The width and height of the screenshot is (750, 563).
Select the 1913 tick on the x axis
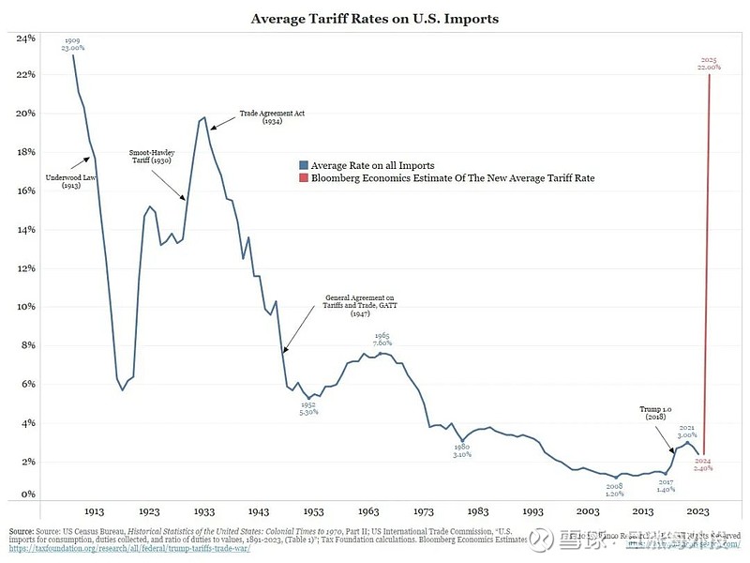(x=93, y=511)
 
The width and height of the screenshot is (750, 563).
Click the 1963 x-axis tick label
(x=367, y=511)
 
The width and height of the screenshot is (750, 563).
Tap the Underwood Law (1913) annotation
(x=71, y=181)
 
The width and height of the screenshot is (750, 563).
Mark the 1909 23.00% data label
(x=73, y=43)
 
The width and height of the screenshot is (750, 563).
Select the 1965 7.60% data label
(x=382, y=339)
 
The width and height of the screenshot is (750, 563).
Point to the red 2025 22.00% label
(x=709, y=64)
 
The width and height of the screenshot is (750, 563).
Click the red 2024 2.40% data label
(x=704, y=464)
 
